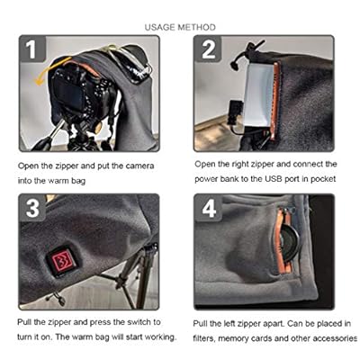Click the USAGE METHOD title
coord(180,27)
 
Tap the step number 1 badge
coord(32,49)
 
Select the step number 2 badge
coord(208,49)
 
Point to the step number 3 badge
coord(32,208)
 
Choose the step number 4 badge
coord(208,208)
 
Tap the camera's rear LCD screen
coord(69,93)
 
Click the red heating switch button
coord(62,260)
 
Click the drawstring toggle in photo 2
coord(235,65)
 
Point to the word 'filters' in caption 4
coord(203,338)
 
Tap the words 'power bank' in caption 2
coord(216,179)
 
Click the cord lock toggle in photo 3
coord(58,299)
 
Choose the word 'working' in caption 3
coord(160,337)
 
